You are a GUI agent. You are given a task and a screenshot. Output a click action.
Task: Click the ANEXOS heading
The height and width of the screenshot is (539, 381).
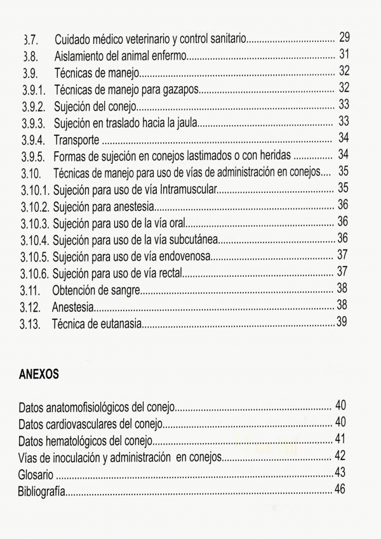(39, 375)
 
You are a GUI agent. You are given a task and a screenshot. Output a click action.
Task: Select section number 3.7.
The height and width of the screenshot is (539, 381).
(31, 39)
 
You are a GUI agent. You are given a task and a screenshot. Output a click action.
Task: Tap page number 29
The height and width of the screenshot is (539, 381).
(345, 37)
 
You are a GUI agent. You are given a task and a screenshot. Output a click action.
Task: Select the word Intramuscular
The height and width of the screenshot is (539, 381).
(185, 189)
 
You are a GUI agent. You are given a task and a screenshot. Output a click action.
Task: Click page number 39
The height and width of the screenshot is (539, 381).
(343, 323)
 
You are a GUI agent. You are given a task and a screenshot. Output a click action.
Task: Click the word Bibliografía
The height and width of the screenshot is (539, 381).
(42, 492)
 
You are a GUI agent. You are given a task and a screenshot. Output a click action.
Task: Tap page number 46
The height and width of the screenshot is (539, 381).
(340, 489)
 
